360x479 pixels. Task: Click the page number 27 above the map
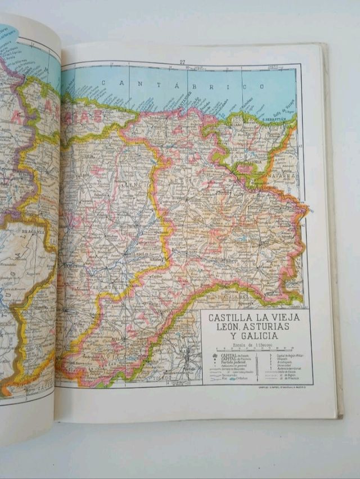pyautogui.click(x=183, y=62)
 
